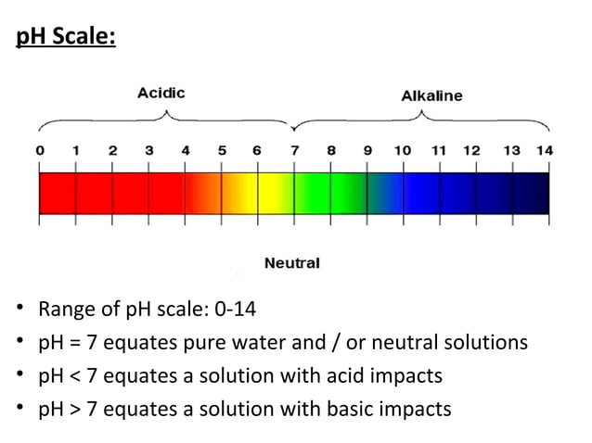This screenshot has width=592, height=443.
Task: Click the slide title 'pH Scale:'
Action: pyautogui.click(x=65, y=42)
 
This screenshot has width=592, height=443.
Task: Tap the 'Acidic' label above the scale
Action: pyautogui.click(x=161, y=93)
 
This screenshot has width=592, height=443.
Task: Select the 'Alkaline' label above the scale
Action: pyautogui.click(x=431, y=95)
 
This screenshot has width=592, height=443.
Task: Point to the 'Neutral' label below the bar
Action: pyautogui.click(x=292, y=263)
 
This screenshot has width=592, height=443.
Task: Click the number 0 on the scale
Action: pyautogui.click(x=39, y=150)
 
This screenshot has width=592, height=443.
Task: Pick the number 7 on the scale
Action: pyautogui.click(x=295, y=150)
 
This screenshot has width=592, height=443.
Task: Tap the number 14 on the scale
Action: pyautogui.click(x=545, y=150)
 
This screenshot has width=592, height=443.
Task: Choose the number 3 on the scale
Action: pyautogui.click(x=148, y=150)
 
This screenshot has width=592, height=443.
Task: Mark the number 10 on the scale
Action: pyautogui.click(x=403, y=150)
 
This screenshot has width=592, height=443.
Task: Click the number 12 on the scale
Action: pyautogui.click(x=471, y=150)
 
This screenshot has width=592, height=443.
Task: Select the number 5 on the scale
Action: pyautogui.click(x=221, y=150)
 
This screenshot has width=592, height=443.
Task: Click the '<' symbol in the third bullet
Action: pyautogui.click(x=74, y=375)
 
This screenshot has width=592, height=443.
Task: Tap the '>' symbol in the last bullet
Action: pyautogui.click(x=74, y=409)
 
